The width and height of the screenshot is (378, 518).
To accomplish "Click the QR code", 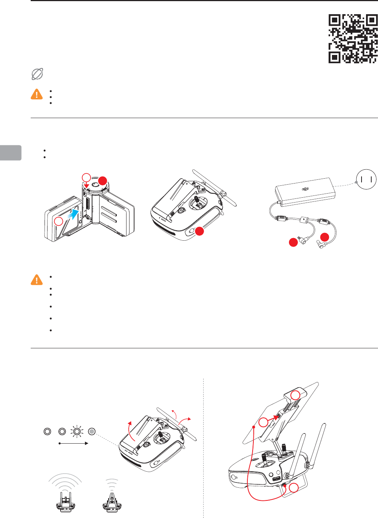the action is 353,38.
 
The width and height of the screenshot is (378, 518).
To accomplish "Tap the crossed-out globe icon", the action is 37,74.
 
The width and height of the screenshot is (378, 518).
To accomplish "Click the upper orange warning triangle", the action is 36,94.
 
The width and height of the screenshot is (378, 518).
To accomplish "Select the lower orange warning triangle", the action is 36,280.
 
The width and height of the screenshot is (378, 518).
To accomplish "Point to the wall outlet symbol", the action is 366,179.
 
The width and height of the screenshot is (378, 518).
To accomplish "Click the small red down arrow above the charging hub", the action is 86,185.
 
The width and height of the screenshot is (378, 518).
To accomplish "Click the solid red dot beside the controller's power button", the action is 199,231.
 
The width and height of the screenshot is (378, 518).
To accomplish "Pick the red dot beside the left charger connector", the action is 293,242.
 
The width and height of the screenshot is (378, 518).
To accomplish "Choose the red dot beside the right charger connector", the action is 324,237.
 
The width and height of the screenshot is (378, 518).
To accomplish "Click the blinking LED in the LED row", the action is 77,431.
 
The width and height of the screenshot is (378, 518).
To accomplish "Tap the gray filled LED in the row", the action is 92,431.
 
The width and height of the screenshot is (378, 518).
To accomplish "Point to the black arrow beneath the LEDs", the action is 73,444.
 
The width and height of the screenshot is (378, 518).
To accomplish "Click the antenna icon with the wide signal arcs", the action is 65,493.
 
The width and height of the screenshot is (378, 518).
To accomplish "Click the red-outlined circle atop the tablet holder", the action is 296,395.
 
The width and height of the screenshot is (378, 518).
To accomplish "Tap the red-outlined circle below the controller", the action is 295,487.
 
